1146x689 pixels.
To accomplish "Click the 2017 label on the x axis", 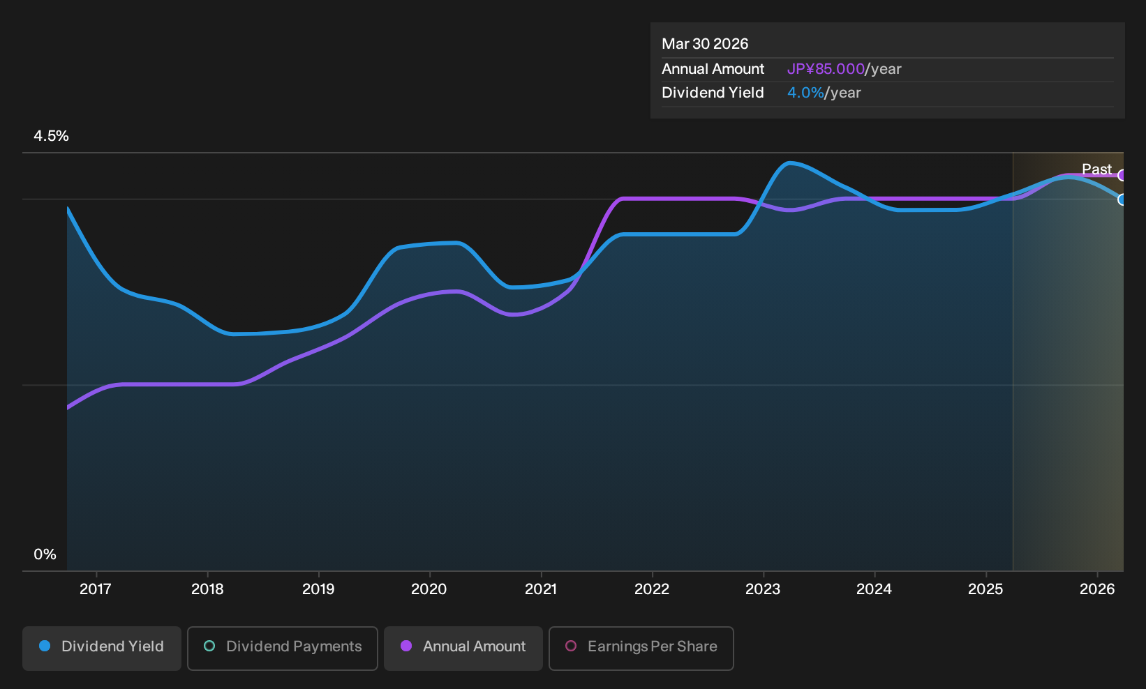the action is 96,589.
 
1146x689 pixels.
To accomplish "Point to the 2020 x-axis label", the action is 429,589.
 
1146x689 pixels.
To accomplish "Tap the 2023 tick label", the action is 763,589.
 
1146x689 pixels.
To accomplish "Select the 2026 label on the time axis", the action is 1097,589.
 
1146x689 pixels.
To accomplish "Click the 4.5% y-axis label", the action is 51,136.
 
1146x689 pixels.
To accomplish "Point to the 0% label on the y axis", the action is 45,554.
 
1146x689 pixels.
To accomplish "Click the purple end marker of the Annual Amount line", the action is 1122,175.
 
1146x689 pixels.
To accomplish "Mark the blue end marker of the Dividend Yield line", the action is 1122,199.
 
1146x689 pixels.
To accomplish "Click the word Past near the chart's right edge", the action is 1096,169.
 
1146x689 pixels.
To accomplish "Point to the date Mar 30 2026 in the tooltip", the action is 705,44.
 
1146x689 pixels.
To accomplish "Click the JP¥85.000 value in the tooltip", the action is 826,69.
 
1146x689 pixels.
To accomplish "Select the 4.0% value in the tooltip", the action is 805,93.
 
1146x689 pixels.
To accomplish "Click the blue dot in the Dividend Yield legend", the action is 45,646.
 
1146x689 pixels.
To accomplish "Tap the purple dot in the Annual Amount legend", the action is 406,646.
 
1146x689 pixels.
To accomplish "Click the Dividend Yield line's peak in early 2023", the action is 789,163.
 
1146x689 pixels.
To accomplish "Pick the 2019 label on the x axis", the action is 318,589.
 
